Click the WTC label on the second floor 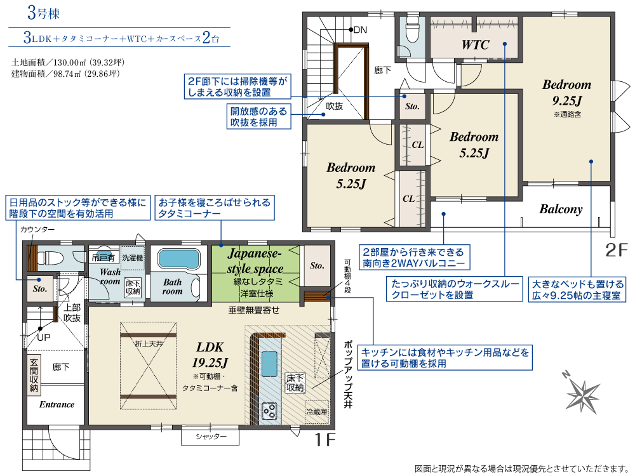click(x=476, y=44)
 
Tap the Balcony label click(x=561, y=209)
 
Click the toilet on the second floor click(x=412, y=32)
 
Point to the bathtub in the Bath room click(x=178, y=259)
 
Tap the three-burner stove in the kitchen click(x=269, y=411)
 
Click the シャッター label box click(x=210, y=437)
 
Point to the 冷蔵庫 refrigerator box click(x=316, y=412)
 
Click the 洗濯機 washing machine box click(x=133, y=258)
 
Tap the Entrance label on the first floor click(x=57, y=404)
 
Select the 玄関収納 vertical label click(x=34, y=375)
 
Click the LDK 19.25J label click(x=210, y=354)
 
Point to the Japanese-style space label click(x=255, y=261)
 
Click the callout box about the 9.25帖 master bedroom click(x=577, y=289)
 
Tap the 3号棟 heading click(x=43, y=13)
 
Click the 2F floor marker click(x=617, y=249)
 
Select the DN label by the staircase click(x=360, y=30)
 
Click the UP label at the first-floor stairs click(x=44, y=337)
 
